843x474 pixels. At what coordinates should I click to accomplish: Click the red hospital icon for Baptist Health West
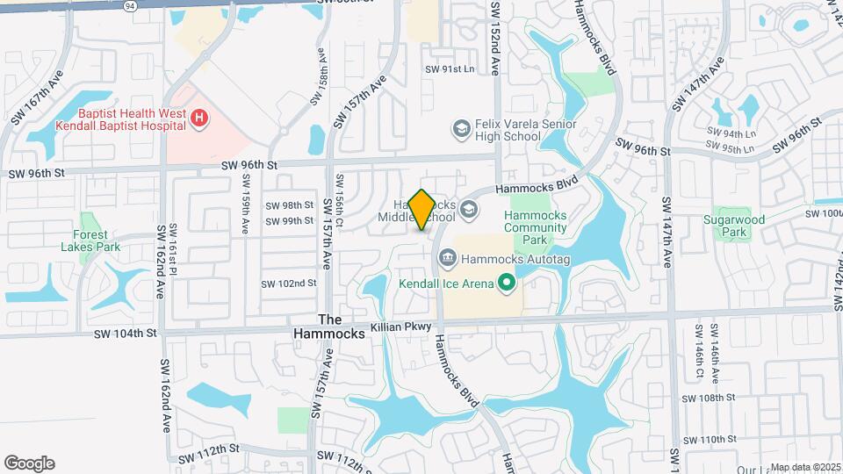[199, 118]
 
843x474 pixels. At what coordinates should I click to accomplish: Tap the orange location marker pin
[422, 209]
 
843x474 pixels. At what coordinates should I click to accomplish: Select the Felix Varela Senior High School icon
[460, 131]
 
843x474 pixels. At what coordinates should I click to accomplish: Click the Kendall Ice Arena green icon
[506, 283]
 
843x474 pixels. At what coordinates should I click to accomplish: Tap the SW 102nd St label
[288, 284]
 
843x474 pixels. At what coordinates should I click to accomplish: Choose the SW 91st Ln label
[449, 69]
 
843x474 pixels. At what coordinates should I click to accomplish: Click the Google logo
[29, 463]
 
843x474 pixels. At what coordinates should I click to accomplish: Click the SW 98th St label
[291, 205]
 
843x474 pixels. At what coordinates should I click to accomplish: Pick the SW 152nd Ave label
[495, 36]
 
